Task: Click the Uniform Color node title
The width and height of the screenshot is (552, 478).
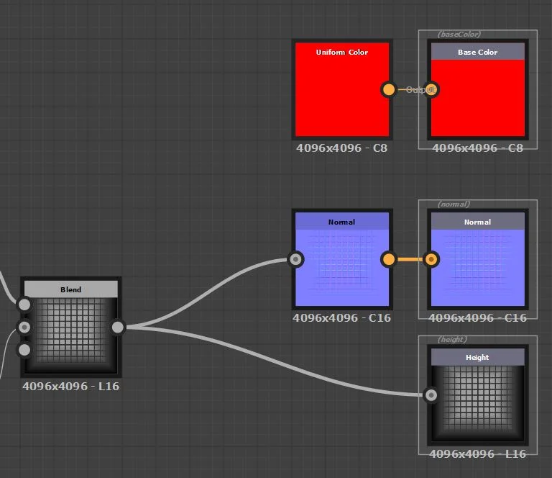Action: pos(341,52)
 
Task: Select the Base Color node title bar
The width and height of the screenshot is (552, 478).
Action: pos(477,52)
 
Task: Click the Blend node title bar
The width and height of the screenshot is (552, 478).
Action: pos(70,289)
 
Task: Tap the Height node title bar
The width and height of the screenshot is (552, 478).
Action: pos(477,357)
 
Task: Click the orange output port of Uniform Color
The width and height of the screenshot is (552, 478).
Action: pos(389,90)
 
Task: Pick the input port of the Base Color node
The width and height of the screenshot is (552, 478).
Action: pos(431,90)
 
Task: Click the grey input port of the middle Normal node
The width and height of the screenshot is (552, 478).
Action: pos(295,259)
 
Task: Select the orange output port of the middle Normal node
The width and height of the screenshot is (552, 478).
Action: pos(389,259)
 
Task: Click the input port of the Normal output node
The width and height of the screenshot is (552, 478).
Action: pos(431,259)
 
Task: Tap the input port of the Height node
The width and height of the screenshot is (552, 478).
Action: pos(431,394)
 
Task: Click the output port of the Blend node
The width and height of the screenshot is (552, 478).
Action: pos(118,328)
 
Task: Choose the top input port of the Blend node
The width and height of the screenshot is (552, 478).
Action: pos(24,305)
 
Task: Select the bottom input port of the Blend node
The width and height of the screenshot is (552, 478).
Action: pos(24,350)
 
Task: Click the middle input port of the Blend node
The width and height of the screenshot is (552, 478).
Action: pos(24,328)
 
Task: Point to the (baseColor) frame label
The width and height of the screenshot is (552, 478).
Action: pos(459,34)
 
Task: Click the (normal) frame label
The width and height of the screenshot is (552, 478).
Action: pos(454,204)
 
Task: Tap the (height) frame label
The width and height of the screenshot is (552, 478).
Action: pos(452,339)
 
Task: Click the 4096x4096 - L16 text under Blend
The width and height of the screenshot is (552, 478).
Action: pos(70,386)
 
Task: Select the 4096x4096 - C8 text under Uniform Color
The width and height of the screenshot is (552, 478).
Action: pos(341,148)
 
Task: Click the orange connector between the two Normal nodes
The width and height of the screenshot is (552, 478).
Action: pos(410,259)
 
